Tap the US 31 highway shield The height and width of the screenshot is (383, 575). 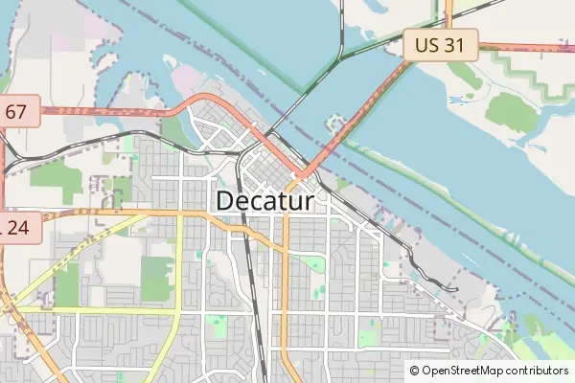tap(440, 44)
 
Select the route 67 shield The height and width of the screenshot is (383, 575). tap(16, 112)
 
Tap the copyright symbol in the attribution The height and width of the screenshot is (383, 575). tap(414, 371)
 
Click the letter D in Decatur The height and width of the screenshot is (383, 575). tap(226, 202)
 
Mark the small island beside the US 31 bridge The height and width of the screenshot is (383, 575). tap(334, 123)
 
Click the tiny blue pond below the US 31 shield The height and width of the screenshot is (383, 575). tap(454, 99)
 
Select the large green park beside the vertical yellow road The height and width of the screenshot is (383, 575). tap(158, 278)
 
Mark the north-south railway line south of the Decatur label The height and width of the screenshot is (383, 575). tap(250, 287)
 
